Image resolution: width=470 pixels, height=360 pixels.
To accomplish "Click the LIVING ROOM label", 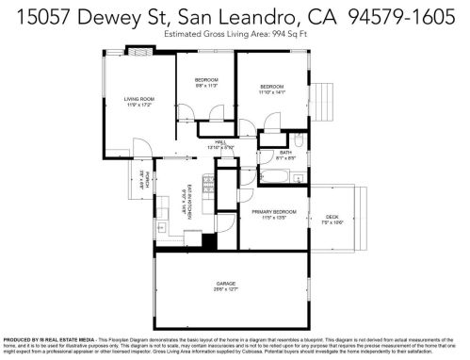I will [x=139, y=98].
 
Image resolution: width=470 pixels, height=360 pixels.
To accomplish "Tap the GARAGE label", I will [x=226, y=282].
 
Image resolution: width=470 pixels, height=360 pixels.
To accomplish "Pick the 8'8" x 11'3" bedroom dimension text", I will [x=205, y=86].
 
